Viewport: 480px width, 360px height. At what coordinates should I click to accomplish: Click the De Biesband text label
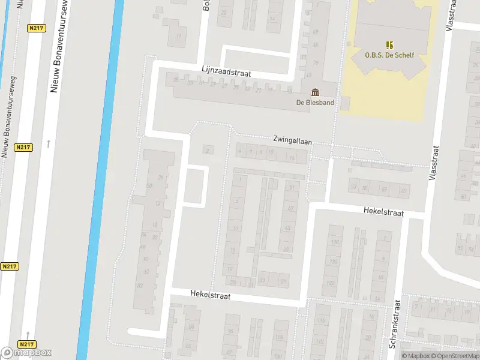(315, 102)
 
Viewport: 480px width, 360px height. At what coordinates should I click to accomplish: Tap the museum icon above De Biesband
(315, 92)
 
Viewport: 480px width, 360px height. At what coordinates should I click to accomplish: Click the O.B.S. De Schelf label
(389, 55)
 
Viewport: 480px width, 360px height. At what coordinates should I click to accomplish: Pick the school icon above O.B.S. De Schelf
(389, 44)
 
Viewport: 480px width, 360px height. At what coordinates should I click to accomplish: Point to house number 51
(292, 188)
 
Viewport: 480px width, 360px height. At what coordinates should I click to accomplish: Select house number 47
(290, 208)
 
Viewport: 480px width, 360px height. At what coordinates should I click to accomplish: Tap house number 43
(289, 229)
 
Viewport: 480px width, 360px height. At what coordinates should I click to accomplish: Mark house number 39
(287, 250)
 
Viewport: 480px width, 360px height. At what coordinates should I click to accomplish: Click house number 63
(403, 191)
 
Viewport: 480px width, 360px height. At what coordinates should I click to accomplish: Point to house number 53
(353, 187)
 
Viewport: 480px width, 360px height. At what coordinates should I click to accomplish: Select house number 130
(335, 242)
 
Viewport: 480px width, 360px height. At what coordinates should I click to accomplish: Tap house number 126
(332, 262)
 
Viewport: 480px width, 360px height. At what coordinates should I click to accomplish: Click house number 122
(331, 283)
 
